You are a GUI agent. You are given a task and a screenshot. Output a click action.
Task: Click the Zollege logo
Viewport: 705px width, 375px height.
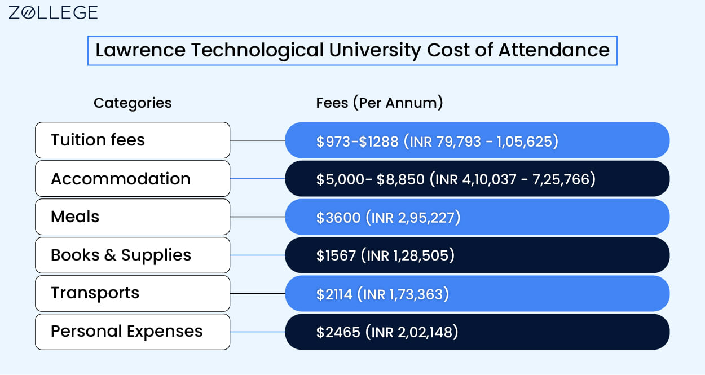point(53,13)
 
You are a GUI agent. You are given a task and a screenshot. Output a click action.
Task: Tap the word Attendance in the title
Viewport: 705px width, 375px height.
point(554,50)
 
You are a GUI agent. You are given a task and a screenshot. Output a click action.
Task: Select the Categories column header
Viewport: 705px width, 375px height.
point(133,103)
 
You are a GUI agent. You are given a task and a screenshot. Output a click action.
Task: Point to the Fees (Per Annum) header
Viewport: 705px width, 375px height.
point(380,103)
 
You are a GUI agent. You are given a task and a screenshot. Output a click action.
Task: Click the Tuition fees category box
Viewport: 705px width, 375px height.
point(133,140)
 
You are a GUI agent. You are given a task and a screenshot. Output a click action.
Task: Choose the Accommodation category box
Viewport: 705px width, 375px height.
point(133,179)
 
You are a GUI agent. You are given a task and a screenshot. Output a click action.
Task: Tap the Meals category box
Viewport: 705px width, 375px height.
point(133,217)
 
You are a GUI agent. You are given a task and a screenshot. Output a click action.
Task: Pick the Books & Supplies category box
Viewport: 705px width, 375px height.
point(133,255)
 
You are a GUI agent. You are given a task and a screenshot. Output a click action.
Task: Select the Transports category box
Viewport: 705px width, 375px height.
point(133,294)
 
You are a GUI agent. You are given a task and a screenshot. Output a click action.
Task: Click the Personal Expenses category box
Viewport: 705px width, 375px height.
point(133,332)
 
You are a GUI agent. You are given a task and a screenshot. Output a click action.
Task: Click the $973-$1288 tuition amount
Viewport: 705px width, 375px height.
point(357,141)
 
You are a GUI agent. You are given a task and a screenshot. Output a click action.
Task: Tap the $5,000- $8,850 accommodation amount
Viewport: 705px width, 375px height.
point(370,179)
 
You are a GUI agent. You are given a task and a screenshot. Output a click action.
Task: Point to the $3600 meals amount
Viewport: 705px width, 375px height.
point(338,218)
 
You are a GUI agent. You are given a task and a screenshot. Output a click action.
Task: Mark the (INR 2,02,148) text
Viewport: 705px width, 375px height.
point(412,333)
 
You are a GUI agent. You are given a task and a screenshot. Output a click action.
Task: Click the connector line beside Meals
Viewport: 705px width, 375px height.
point(258,217)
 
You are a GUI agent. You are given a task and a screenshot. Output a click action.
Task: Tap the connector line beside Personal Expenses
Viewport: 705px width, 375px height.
point(258,332)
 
